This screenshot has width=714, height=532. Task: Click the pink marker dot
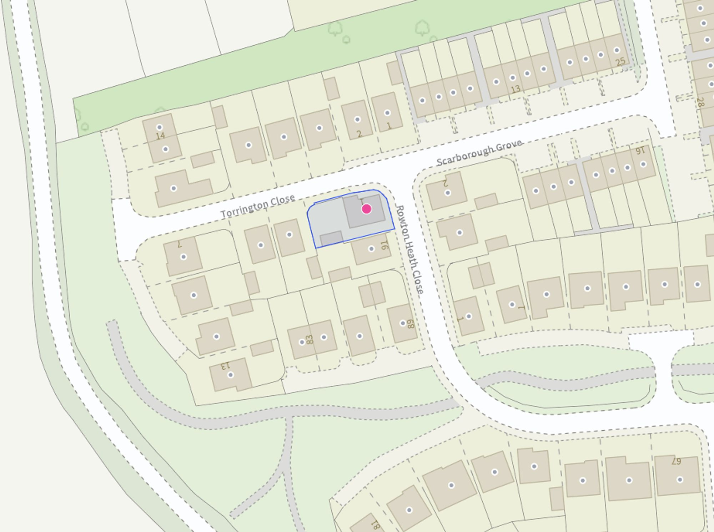click(366, 209)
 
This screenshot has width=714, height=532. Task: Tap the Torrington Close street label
click(258, 206)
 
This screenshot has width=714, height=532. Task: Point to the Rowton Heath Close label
click(410, 249)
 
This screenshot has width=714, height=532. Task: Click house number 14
click(160, 136)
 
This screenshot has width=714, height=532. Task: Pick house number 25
click(620, 62)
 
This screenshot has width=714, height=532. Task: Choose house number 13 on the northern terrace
click(516, 89)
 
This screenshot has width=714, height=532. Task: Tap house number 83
click(310, 339)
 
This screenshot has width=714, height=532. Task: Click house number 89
click(411, 324)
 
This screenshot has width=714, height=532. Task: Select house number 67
click(676, 461)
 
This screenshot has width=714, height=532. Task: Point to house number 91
click(384, 245)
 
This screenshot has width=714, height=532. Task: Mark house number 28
click(700, 103)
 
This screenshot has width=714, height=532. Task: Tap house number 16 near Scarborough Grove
click(640, 151)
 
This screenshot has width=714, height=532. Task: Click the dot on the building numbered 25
click(617, 50)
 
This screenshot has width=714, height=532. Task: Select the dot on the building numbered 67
click(680, 480)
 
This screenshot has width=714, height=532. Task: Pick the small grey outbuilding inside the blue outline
click(331, 238)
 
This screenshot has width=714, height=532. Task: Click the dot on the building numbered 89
click(403, 323)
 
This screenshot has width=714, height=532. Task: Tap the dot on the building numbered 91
click(371, 249)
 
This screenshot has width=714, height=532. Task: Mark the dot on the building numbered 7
click(183, 257)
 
